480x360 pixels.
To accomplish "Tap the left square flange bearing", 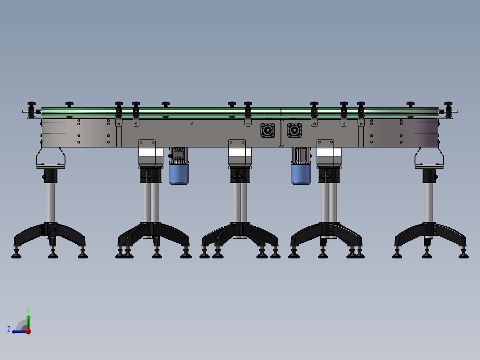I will tap(268, 130).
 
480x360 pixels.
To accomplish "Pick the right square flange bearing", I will tap(294, 130).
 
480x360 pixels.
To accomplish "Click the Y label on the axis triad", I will tap(28, 309).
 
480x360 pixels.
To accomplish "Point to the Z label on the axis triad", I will tap(9, 329).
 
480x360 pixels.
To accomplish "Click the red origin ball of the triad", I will tap(28, 331).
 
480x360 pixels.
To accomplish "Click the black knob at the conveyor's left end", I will tap(32, 106).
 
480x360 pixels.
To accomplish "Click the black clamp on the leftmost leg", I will tap(50, 176).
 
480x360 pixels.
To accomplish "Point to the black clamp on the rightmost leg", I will tap(430, 176).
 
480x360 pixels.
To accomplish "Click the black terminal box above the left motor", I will tap(179, 153).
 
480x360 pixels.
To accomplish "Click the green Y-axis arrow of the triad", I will tap(28, 321).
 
